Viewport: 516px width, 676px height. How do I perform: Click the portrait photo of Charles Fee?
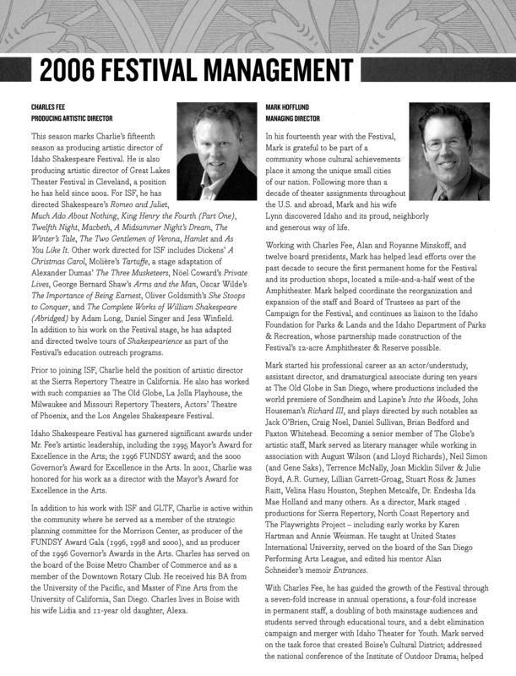(218, 151)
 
